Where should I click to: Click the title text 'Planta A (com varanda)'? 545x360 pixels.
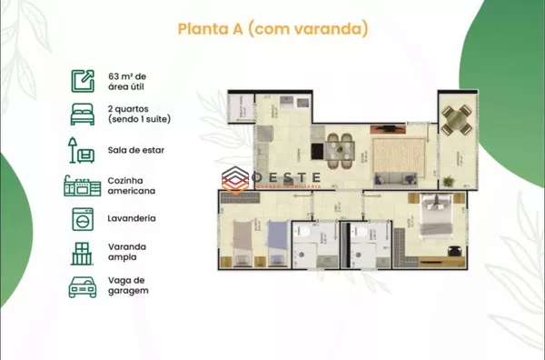(x=272, y=30)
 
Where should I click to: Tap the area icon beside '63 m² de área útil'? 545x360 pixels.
(x=82, y=81)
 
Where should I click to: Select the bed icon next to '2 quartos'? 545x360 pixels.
(x=82, y=114)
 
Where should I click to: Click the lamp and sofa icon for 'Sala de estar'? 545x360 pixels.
(x=82, y=149)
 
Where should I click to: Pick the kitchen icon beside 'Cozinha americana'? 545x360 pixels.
(x=82, y=185)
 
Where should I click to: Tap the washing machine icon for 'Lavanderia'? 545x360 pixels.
(x=82, y=219)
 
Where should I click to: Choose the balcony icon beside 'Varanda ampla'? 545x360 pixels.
(x=82, y=253)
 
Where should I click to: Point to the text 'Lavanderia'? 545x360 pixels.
(x=132, y=219)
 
